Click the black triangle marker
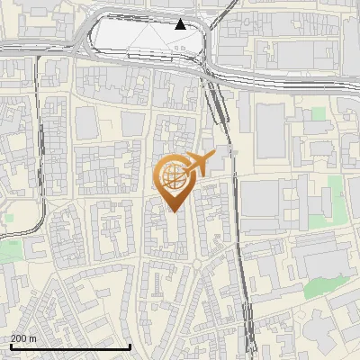tap(181, 24)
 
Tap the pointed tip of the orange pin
tap(174, 210)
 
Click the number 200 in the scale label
tap(19, 338)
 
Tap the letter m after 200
tap(32, 338)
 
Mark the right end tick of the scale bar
tap(130, 346)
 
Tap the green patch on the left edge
tap(9, 250)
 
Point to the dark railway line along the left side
tap(40, 144)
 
